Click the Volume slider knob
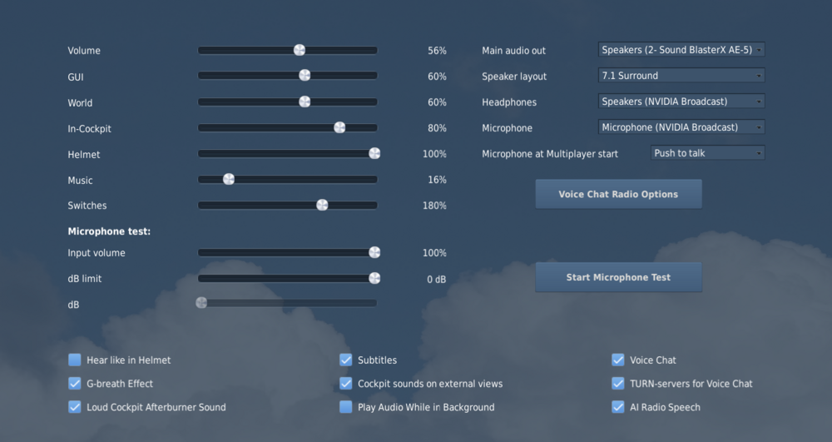click(x=300, y=50)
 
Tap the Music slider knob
click(x=229, y=179)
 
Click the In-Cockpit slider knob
click(x=339, y=127)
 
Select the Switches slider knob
click(x=322, y=205)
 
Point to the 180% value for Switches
click(x=434, y=206)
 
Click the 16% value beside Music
click(x=437, y=180)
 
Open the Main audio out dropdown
click(x=681, y=50)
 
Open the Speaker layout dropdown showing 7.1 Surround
click(x=681, y=76)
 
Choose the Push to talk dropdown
click(x=707, y=153)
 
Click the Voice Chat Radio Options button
click(x=618, y=194)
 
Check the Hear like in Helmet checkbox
click(x=75, y=360)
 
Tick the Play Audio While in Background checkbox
click(x=346, y=407)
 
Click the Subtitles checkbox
click(x=346, y=360)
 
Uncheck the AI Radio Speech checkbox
click(x=618, y=407)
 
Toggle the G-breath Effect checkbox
click(x=75, y=384)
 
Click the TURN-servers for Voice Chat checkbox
click(x=618, y=384)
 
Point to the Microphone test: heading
click(x=109, y=231)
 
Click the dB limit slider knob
click(x=374, y=278)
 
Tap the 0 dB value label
click(x=437, y=280)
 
